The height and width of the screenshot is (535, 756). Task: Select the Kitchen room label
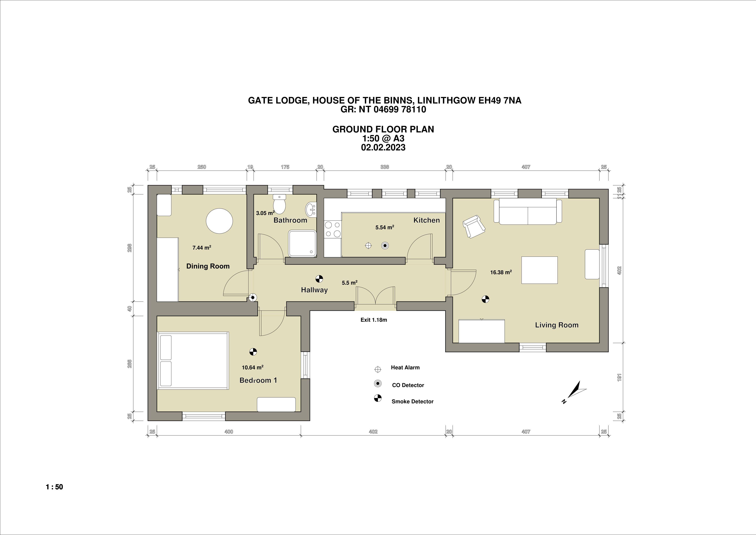(426, 220)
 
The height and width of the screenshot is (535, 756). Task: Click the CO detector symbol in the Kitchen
(385, 245)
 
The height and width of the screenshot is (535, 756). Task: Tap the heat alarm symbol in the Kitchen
(368, 245)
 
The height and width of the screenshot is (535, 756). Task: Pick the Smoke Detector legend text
(412, 402)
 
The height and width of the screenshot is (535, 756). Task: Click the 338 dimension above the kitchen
(385, 167)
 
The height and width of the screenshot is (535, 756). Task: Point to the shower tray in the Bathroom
(303, 243)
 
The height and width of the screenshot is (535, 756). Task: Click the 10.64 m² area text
(252, 367)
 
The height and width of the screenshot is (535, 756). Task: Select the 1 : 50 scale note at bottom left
(54, 487)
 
